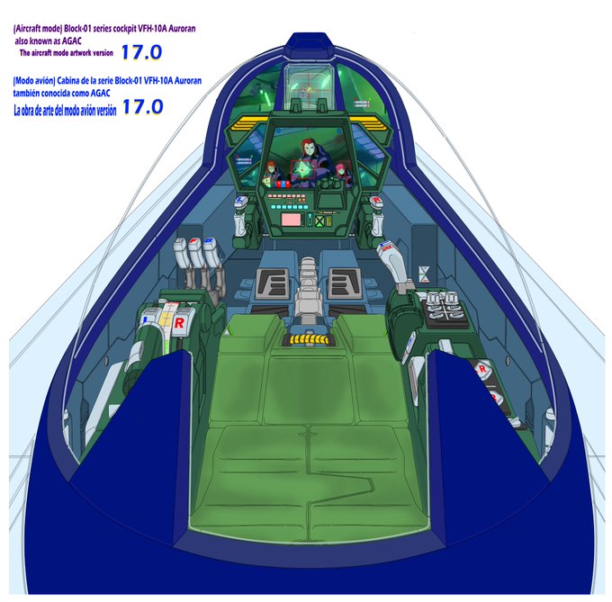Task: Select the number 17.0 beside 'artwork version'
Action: coord(143,52)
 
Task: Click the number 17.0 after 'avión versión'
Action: coord(142,106)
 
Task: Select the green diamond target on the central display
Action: coord(304,167)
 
